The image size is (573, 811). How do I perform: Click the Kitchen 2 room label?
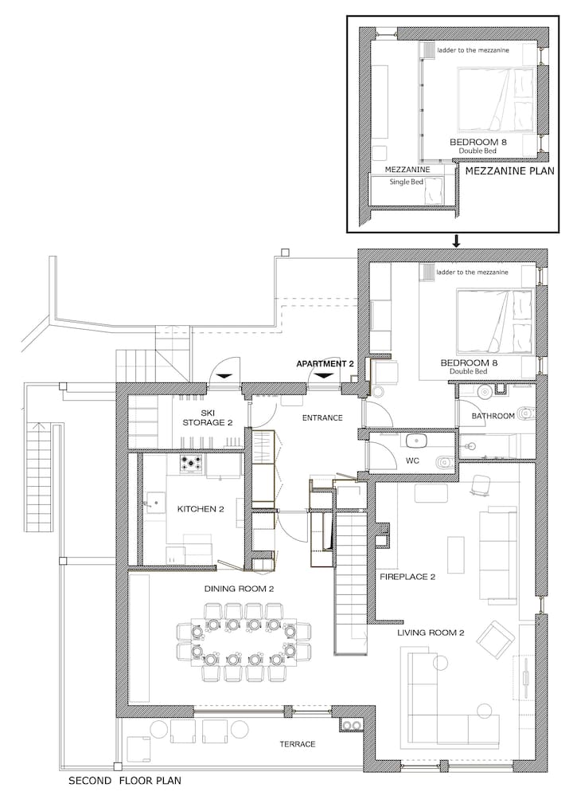click(x=201, y=509)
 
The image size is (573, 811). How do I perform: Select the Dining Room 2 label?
click(x=239, y=589)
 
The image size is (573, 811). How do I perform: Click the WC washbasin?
click(x=415, y=441)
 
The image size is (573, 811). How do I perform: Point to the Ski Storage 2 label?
click(x=207, y=418)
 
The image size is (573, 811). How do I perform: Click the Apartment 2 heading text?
click(x=325, y=364)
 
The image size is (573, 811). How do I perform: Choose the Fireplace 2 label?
click(x=407, y=577)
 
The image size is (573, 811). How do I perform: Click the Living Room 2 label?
click(x=431, y=633)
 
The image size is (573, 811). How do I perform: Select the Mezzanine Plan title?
click(x=510, y=171)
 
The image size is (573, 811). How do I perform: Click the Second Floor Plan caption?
click(x=125, y=781)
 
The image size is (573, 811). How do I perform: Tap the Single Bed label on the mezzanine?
click(x=407, y=182)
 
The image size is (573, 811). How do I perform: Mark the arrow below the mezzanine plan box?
click(x=456, y=241)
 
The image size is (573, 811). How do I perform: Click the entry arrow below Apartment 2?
click(x=323, y=376)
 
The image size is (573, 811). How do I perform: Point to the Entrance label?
click(x=322, y=418)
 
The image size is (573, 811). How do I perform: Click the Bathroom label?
click(x=493, y=416)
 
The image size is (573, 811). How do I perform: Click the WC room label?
click(x=412, y=460)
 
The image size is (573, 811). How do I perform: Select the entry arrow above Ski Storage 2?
click(x=224, y=376)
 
